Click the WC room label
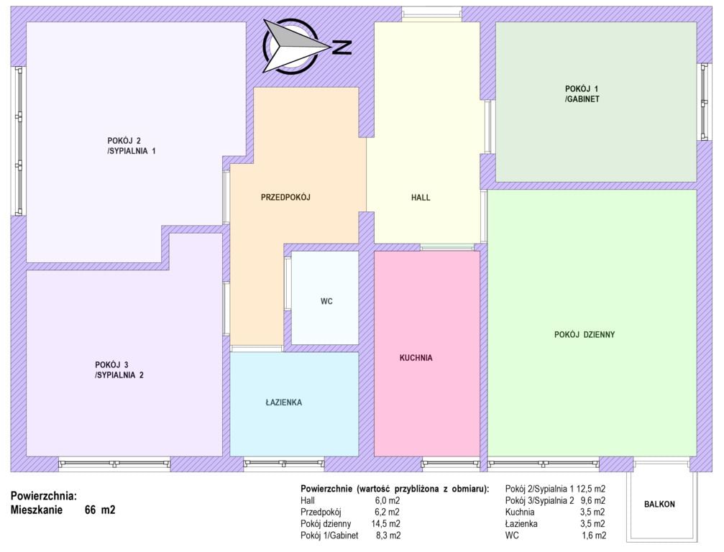coord(326,301)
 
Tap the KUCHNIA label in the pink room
coord(416,358)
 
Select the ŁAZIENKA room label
coord(283,402)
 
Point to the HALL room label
coord(421,198)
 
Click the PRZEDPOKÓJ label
coord(285,197)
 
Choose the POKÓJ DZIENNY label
coord(585,335)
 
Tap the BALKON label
coord(659,505)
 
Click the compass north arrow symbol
coord(295,46)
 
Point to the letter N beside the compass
coord(342,47)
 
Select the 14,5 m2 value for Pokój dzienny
coord(385,524)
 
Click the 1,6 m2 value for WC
coord(594,535)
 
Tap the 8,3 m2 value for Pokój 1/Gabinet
coord(388,535)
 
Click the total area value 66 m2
coord(100,510)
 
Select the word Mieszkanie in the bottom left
coord(37,510)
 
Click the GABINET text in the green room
coord(583,98)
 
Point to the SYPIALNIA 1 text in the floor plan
coord(132,151)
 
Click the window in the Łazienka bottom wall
coord(283,463)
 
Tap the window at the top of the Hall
coord(431,15)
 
